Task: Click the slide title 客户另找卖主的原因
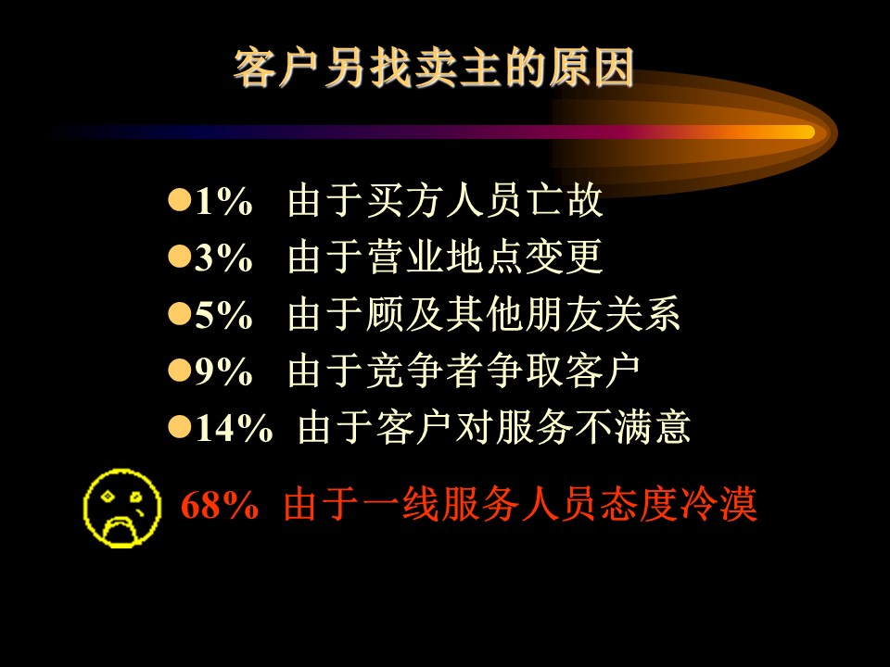click(x=434, y=68)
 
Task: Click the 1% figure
click(x=223, y=201)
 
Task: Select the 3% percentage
click(x=223, y=258)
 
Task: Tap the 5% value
click(x=223, y=315)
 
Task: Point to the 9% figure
click(x=223, y=371)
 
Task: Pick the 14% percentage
click(x=234, y=428)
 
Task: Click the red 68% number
click(x=220, y=504)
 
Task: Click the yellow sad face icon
click(x=122, y=509)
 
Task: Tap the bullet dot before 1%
click(x=179, y=200)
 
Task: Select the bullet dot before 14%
click(x=179, y=426)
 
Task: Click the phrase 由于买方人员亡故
click(x=445, y=200)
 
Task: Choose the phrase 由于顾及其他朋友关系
click(x=484, y=314)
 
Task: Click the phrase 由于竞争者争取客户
click(x=464, y=371)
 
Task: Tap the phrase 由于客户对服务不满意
click(x=494, y=427)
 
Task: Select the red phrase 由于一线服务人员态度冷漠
click(x=520, y=504)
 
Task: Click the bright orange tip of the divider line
click(x=806, y=132)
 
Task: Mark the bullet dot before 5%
click(x=179, y=313)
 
